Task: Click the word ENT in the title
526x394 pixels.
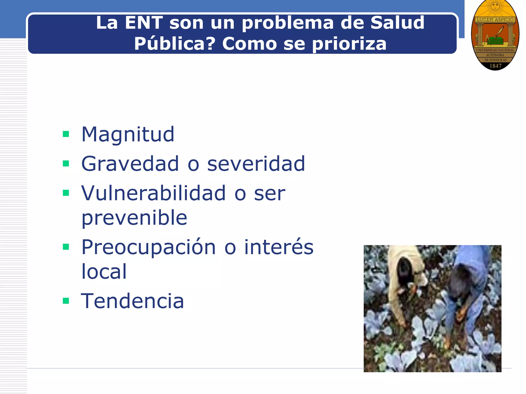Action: click(x=144, y=23)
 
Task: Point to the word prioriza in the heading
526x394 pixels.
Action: click(x=349, y=44)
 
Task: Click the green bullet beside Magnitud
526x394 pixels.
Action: click(x=66, y=134)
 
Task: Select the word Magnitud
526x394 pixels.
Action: click(x=128, y=135)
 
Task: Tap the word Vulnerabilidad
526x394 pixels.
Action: click(x=153, y=193)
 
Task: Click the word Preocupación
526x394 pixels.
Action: click(x=148, y=247)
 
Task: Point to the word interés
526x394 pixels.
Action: click(x=279, y=247)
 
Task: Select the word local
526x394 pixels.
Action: click(x=104, y=271)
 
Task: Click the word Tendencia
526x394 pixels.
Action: click(x=133, y=301)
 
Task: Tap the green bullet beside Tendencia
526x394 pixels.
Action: click(x=66, y=301)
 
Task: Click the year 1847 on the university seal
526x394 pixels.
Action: click(x=495, y=66)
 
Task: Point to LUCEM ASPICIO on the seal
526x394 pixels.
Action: click(x=495, y=20)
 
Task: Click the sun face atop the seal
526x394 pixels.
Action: click(x=495, y=6)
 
